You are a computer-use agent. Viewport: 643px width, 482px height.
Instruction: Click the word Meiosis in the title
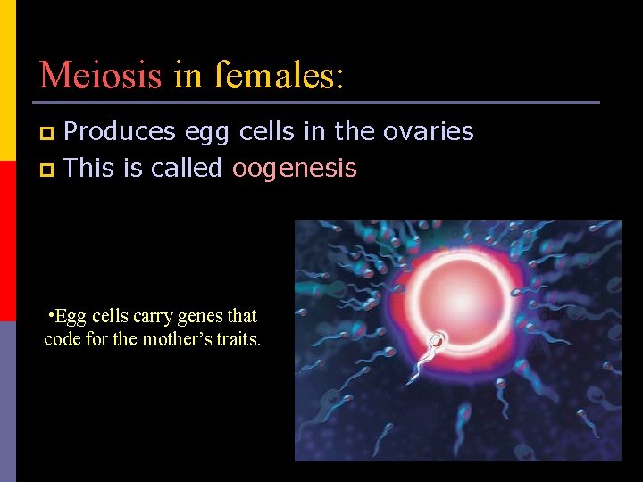[100, 75]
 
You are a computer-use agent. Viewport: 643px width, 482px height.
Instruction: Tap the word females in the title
[278, 75]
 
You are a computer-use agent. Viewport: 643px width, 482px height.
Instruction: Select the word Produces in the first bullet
[120, 132]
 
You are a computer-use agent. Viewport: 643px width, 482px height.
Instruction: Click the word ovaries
[428, 132]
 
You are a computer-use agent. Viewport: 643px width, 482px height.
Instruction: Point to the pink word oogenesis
[294, 168]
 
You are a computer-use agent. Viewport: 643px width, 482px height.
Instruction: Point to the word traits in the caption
[239, 340]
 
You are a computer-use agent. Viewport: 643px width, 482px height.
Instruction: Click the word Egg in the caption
[72, 317]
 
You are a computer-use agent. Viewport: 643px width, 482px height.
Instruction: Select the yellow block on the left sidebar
[8, 80]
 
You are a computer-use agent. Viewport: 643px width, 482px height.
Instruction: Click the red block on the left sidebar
[8, 241]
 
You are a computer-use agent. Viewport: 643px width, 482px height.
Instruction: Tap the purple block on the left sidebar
[8, 402]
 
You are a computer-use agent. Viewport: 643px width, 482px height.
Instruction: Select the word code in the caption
[61, 340]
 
